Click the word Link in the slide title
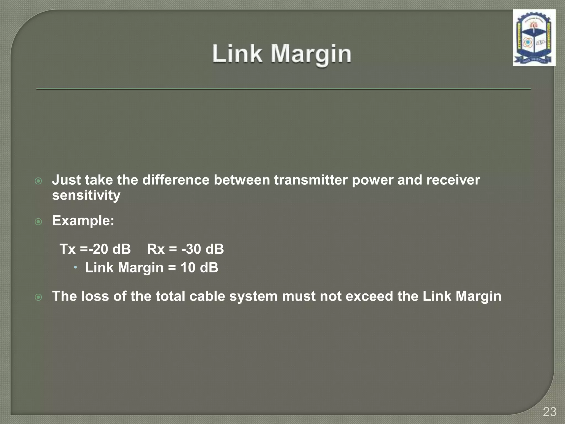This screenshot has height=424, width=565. [x=237, y=54]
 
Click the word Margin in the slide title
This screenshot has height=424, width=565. [x=311, y=54]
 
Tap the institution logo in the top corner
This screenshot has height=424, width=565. [x=534, y=38]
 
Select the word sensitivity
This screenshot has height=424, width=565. [x=86, y=195]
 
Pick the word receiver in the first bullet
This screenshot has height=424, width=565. [x=453, y=180]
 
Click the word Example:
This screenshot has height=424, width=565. [x=83, y=221]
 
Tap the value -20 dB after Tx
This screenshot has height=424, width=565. [x=110, y=249]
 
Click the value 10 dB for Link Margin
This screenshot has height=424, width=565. [x=199, y=267]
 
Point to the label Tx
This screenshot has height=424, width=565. [x=68, y=249]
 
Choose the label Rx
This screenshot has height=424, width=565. [x=156, y=249]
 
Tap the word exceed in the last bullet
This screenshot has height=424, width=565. [x=369, y=296]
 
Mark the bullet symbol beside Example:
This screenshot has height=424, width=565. [x=39, y=221]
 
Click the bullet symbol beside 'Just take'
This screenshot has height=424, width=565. [x=39, y=181]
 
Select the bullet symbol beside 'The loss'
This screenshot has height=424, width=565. [x=39, y=297]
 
